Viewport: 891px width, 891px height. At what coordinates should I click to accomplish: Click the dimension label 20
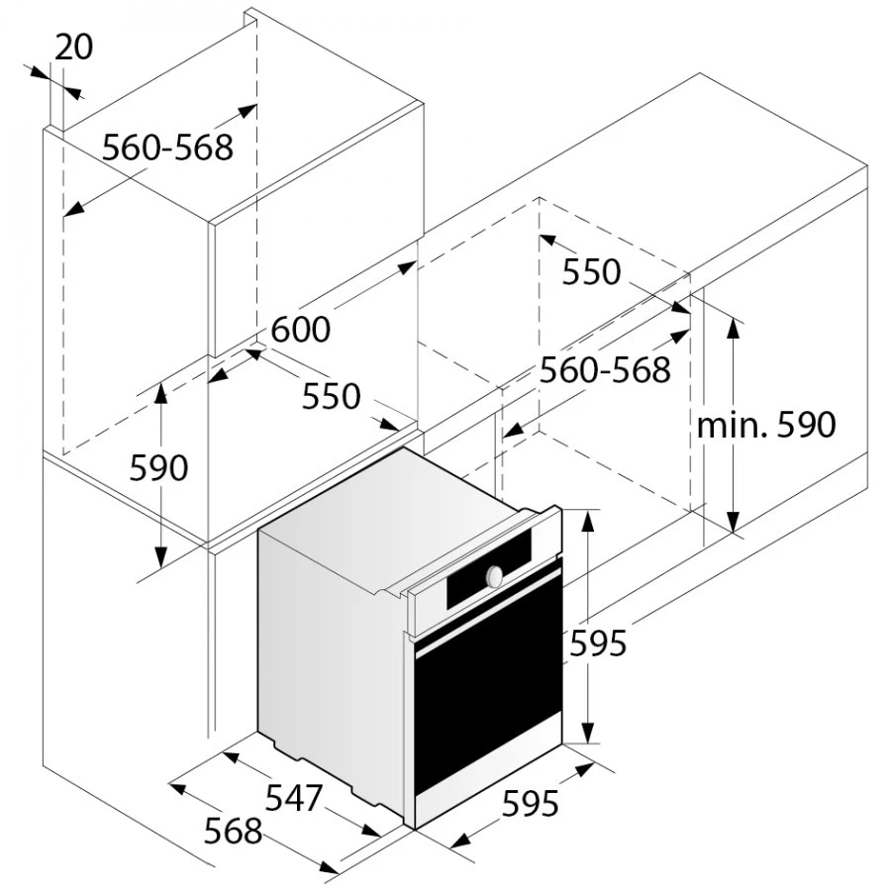[x=74, y=47]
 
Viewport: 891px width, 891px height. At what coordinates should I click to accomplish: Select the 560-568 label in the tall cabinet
[x=168, y=148]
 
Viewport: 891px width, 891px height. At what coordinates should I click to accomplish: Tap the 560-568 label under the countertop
[x=605, y=370]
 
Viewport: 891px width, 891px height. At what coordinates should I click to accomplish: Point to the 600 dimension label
[x=301, y=329]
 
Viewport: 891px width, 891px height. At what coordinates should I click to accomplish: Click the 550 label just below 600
[x=331, y=396]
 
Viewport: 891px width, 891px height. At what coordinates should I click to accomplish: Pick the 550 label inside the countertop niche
[x=591, y=271]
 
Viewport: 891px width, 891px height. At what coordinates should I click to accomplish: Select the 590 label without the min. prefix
[x=158, y=467]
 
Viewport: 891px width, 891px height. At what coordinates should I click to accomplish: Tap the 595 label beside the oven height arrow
[x=598, y=643]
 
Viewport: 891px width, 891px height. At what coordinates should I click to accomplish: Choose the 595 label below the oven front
[x=530, y=805]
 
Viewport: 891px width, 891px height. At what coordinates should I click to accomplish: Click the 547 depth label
[x=294, y=796]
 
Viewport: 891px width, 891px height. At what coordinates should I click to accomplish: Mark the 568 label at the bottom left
[x=234, y=831]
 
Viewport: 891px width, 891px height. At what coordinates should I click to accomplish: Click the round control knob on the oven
[x=493, y=574]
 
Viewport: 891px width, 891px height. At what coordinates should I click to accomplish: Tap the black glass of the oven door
[x=485, y=713]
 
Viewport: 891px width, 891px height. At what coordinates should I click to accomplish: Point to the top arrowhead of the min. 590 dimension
[x=733, y=326]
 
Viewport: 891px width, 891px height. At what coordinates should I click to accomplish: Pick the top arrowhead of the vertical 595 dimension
[x=588, y=516]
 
